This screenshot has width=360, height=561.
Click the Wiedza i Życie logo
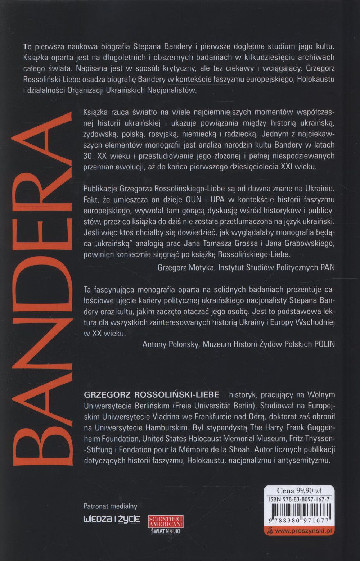112,519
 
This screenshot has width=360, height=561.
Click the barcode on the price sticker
299,513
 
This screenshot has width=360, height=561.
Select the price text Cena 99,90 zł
299,490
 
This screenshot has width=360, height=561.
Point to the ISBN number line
299,499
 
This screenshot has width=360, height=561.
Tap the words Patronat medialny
111,506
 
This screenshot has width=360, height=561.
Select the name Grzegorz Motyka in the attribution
186,267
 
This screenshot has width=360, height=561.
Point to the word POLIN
324,344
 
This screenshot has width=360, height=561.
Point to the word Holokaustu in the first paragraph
316,79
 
